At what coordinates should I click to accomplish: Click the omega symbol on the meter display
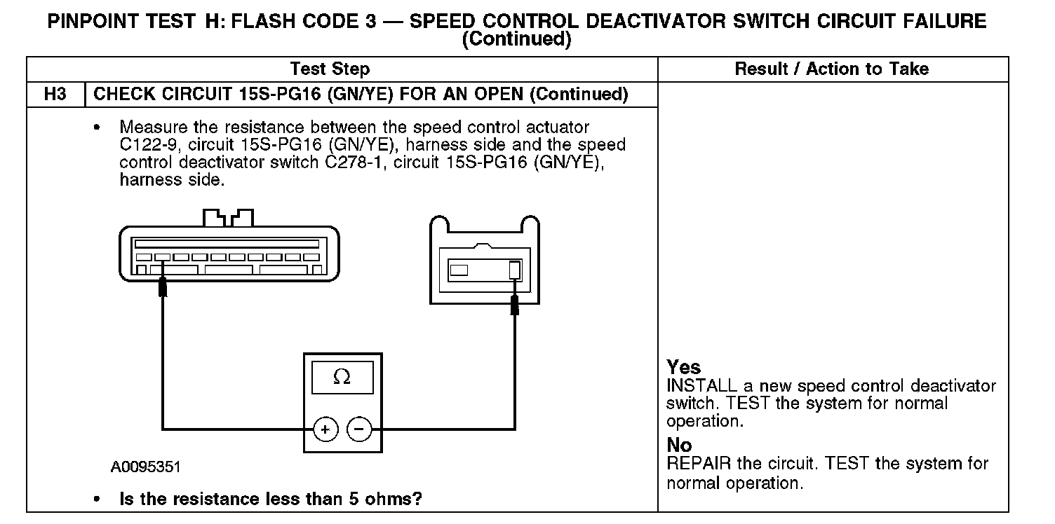(342, 378)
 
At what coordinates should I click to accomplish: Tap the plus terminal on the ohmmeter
(325, 429)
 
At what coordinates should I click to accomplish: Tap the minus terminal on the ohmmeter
(360, 429)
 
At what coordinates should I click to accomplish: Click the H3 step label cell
(55, 95)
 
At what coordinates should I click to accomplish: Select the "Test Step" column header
(330, 69)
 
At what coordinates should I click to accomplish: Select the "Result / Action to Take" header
(831, 69)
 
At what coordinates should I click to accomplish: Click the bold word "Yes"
(683, 368)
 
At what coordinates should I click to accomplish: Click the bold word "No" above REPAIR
(679, 446)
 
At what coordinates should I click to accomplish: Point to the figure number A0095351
(150, 467)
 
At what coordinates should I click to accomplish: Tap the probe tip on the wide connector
(163, 287)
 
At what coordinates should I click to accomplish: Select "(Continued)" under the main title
(516, 40)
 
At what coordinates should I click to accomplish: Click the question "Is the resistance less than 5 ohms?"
(271, 499)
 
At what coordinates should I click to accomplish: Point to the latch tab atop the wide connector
(228, 217)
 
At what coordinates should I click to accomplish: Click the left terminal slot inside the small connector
(459, 270)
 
